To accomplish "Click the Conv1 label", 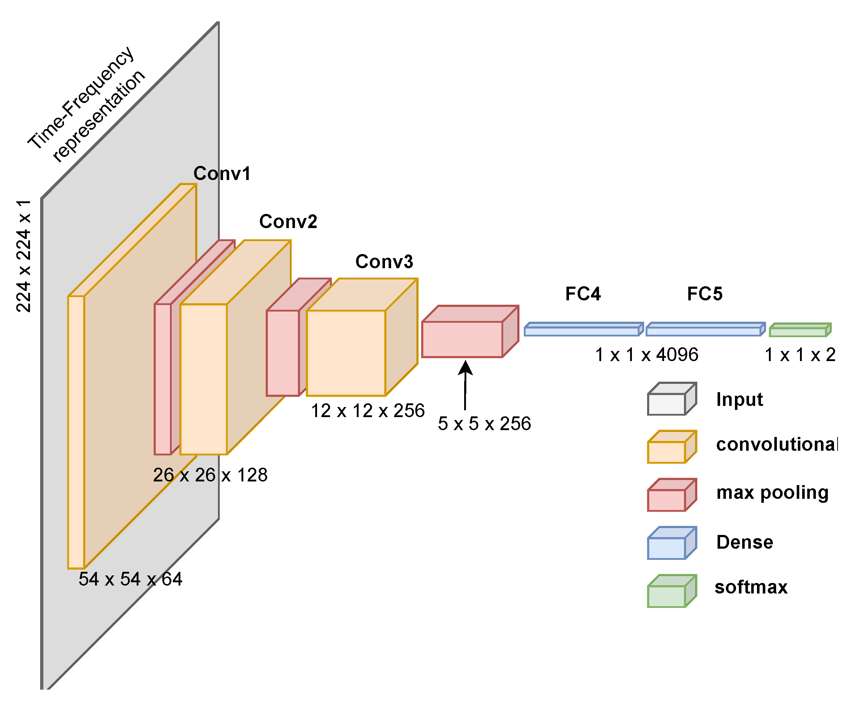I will click(x=222, y=173).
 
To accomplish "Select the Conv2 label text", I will click(x=288, y=222).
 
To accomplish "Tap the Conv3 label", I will click(x=384, y=262).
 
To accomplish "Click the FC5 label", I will click(x=705, y=294).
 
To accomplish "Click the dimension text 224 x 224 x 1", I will click(x=23, y=256).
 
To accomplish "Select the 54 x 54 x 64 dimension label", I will click(x=130, y=579).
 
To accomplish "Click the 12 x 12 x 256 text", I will click(x=367, y=411).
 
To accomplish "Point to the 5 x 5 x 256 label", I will click(x=484, y=424).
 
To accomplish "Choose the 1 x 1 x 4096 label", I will click(x=646, y=355).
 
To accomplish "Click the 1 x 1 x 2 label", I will click(x=800, y=355).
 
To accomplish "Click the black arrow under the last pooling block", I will click(x=465, y=385).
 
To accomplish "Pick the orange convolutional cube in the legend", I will click(x=671, y=447).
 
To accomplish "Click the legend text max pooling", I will click(x=772, y=493).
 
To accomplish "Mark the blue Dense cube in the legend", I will click(x=671, y=544).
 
